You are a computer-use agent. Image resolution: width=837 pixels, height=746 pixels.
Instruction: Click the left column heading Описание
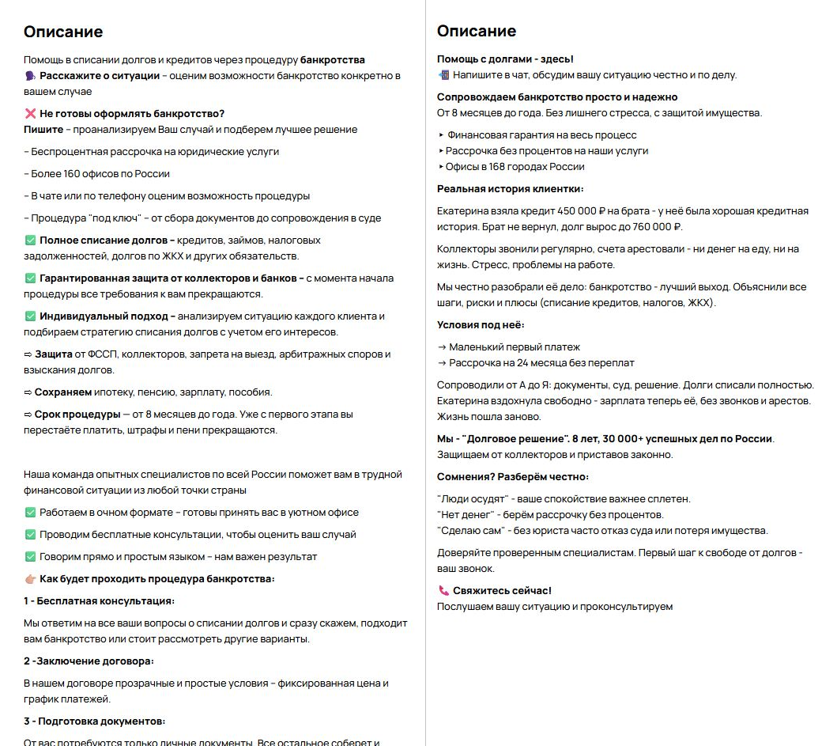coord(63,32)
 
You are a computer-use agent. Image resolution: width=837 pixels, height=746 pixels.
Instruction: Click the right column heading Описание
coord(477,31)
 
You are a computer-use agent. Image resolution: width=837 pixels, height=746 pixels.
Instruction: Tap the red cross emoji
coord(30,114)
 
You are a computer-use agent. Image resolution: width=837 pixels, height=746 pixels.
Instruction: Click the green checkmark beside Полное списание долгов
coord(30,240)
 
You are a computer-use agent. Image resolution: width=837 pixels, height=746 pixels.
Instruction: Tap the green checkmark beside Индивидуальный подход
coord(30,316)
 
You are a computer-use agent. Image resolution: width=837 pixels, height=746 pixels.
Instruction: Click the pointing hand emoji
coord(30,579)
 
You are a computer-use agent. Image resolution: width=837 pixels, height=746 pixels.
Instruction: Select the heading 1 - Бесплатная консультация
coord(99,601)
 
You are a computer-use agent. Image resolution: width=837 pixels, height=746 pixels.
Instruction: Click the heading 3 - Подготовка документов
coord(94,721)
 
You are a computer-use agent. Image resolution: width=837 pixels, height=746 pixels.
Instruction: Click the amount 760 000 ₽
coord(651,227)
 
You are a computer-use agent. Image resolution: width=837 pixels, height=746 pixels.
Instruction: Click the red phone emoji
coord(443,591)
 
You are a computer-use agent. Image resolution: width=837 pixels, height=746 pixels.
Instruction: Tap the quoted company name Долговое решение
coord(516,439)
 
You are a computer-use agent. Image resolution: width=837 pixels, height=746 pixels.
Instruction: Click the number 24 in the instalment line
coord(526,363)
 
